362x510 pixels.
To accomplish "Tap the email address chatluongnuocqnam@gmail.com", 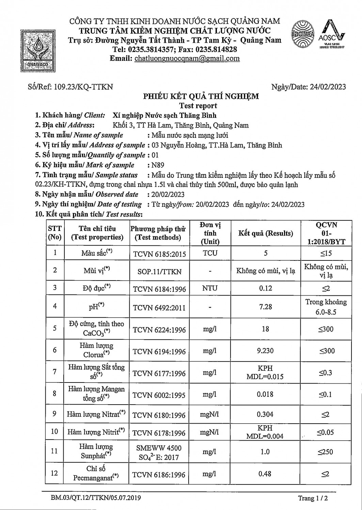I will (x=187, y=58).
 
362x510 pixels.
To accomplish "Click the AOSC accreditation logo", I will (x=332, y=35).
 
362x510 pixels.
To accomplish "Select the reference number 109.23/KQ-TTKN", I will (x=82, y=87).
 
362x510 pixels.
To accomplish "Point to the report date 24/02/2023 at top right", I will (x=328, y=87).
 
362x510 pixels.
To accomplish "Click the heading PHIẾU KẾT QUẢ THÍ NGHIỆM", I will (x=201, y=96).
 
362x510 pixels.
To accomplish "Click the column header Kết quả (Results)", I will (x=266, y=233).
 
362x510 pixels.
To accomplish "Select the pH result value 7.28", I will (x=266, y=307).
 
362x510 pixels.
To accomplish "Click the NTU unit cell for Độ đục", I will (x=210, y=288).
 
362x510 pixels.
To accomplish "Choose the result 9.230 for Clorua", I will (x=266, y=351).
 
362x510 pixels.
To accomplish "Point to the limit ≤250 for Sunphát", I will (x=326, y=452).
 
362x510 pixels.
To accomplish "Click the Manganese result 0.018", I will (x=266, y=394).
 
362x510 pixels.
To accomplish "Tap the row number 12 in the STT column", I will (x=54, y=473).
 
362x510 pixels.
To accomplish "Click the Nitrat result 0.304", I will (x=266, y=414).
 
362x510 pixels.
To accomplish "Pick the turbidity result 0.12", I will (x=266, y=288).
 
